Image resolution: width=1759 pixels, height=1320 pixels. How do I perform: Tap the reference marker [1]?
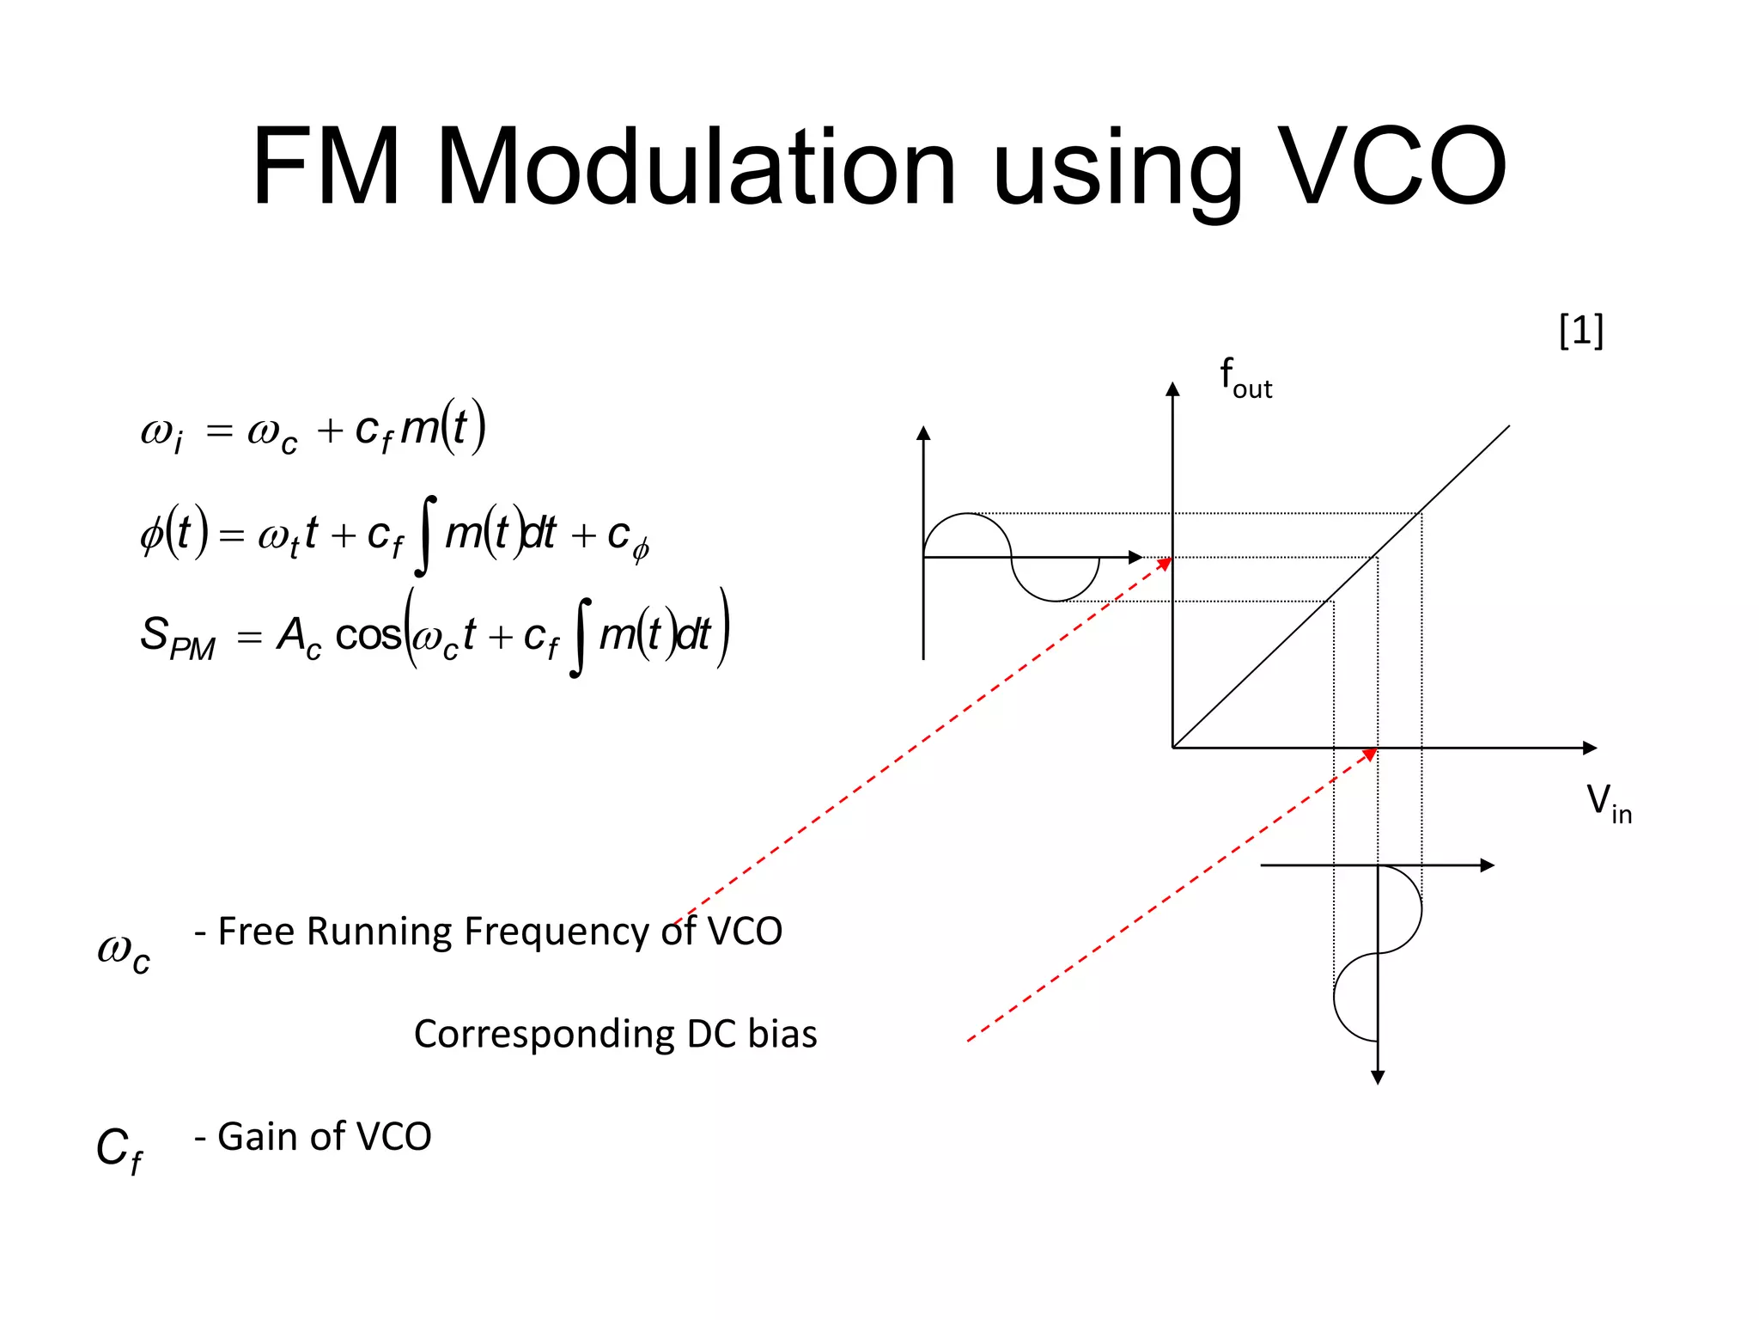click(1580, 330)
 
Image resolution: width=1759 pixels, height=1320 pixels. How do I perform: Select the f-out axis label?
click(1245, 378)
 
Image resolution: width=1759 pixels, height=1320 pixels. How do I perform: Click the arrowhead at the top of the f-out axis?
click(1172, 389)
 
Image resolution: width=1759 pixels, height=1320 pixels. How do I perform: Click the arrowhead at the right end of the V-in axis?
click(1590, 748)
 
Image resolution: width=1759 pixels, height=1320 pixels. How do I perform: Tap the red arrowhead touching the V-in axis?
click(1370, 755)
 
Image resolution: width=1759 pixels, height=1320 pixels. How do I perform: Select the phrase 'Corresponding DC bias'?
click(615, 1034)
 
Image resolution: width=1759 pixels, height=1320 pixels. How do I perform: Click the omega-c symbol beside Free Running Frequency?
click(124, 952)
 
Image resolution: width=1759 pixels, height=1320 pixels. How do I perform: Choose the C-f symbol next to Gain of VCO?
click(119, 1149)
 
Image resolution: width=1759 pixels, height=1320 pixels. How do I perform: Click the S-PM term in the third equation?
click(177, 638)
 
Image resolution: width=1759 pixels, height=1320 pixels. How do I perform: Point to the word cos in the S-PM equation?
click(368, 636)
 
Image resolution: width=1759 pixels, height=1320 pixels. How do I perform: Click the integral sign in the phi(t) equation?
click(425, 535)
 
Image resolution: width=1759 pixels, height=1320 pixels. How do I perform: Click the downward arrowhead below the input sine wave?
click(1378, 1077)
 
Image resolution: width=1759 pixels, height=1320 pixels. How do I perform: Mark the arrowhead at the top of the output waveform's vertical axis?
click(923, 432)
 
